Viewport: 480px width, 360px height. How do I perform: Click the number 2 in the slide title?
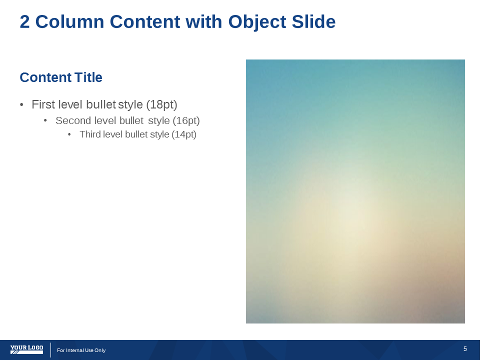coord(25,21)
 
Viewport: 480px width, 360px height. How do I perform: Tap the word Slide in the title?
coord(314,21)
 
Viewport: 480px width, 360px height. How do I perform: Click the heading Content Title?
coord(61,77)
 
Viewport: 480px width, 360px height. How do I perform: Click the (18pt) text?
coord(161,104)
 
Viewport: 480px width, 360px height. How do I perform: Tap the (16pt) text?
coord(186,120)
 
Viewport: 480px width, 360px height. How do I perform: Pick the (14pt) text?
coord(184,134)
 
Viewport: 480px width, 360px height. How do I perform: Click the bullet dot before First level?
coord(21,105)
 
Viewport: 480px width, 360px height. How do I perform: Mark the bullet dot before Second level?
coord(45,121)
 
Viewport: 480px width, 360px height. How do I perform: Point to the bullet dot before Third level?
coord(69,134)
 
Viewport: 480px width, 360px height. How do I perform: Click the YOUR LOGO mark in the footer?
coord(26,349)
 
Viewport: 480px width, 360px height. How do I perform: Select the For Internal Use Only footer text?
coord(81,350)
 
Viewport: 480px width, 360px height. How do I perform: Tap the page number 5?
coord(465,349)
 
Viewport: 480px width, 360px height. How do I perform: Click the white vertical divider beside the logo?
coord(51,350)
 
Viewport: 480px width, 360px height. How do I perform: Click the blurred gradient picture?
coord(355,191)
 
